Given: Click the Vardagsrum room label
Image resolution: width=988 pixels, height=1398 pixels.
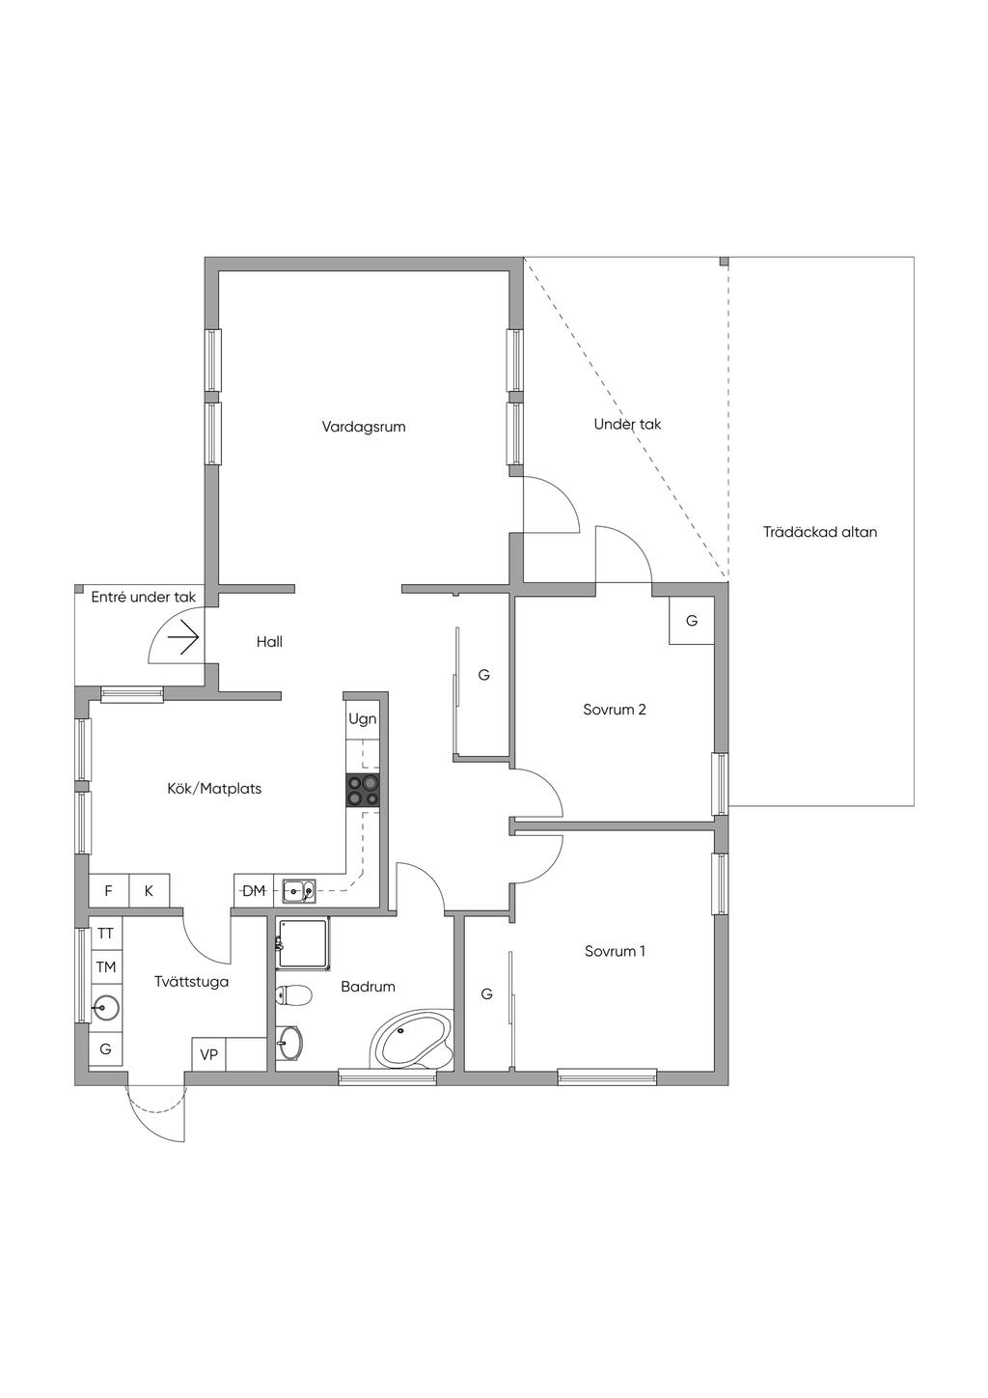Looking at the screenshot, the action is point(364,426).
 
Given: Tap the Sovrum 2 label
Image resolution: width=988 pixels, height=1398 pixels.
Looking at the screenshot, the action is point(615,710).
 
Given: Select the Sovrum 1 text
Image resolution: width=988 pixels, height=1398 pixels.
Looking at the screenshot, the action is point(616,951).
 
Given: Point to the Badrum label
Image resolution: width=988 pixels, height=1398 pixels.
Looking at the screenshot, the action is point(368,987).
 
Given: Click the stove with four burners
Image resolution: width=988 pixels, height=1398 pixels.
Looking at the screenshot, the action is point(364,791).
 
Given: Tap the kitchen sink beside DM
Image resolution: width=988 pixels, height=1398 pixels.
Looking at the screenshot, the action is point(298,891).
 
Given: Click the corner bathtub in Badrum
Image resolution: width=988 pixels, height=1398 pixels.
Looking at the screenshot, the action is point(410,1041).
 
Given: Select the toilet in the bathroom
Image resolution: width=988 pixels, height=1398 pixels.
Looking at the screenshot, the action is point(293,994).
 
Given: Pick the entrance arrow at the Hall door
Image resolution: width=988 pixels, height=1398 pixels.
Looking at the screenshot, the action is point(182,637).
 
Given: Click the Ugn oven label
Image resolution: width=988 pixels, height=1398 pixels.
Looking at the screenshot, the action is point(363,719).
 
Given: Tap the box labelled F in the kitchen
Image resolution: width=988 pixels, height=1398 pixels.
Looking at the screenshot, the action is point(109,891).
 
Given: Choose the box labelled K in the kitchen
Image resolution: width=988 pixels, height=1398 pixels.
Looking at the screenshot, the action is point(150,891).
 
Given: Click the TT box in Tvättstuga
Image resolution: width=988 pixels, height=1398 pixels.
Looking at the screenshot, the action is point(105,934).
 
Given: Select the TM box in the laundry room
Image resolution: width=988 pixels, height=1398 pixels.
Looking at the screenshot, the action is point(105,966).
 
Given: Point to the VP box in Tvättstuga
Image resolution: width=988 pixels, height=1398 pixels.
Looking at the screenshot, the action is point(208,1055).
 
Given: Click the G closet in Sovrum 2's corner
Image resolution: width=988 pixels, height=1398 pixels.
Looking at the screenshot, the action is point(692,621).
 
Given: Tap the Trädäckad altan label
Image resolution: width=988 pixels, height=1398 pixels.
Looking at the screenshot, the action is point(820,532).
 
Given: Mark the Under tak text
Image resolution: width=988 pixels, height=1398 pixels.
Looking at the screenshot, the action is point(627,424).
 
